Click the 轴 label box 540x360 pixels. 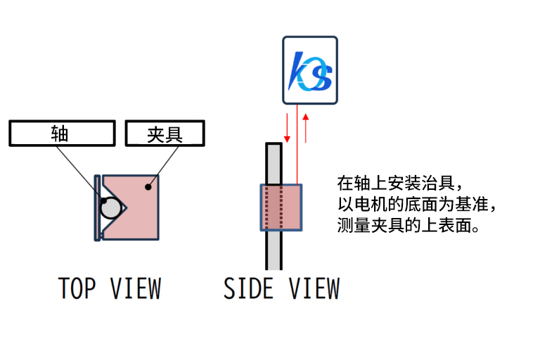[x=62, y=134]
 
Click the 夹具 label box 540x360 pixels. [x=165, y=134]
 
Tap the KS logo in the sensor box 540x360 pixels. [x=310, y=71]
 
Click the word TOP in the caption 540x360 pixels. [x=77, y=288]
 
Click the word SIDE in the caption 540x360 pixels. [x=249, y=288]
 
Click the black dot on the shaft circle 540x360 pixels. [x=104, y=201]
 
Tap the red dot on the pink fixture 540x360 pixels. [x=147, y=186]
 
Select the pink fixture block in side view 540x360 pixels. [x=281, y=207]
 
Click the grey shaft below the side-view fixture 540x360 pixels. [x=274, y=250]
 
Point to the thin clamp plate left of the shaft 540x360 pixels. [x=96, y=208]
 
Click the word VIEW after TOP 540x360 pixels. [x=135, y=288]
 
